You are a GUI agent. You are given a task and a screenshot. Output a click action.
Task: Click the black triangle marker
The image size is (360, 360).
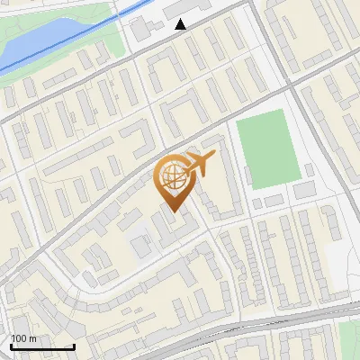coord(181,24)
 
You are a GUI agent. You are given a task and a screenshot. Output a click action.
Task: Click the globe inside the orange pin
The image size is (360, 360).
coord(173,177)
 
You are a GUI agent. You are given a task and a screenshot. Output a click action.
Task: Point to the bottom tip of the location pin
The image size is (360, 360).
coord(173,212)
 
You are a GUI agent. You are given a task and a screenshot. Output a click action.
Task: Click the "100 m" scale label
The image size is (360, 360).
coord(23,338)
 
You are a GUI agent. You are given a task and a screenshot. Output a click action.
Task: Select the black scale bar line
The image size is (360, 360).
coord(42,346)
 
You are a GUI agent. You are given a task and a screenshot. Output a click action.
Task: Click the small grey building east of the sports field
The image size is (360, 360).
coord(305,190)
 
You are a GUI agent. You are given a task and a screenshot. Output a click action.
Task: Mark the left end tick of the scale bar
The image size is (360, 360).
coord(11,345)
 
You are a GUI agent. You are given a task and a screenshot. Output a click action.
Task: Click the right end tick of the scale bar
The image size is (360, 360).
coord(74,345)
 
